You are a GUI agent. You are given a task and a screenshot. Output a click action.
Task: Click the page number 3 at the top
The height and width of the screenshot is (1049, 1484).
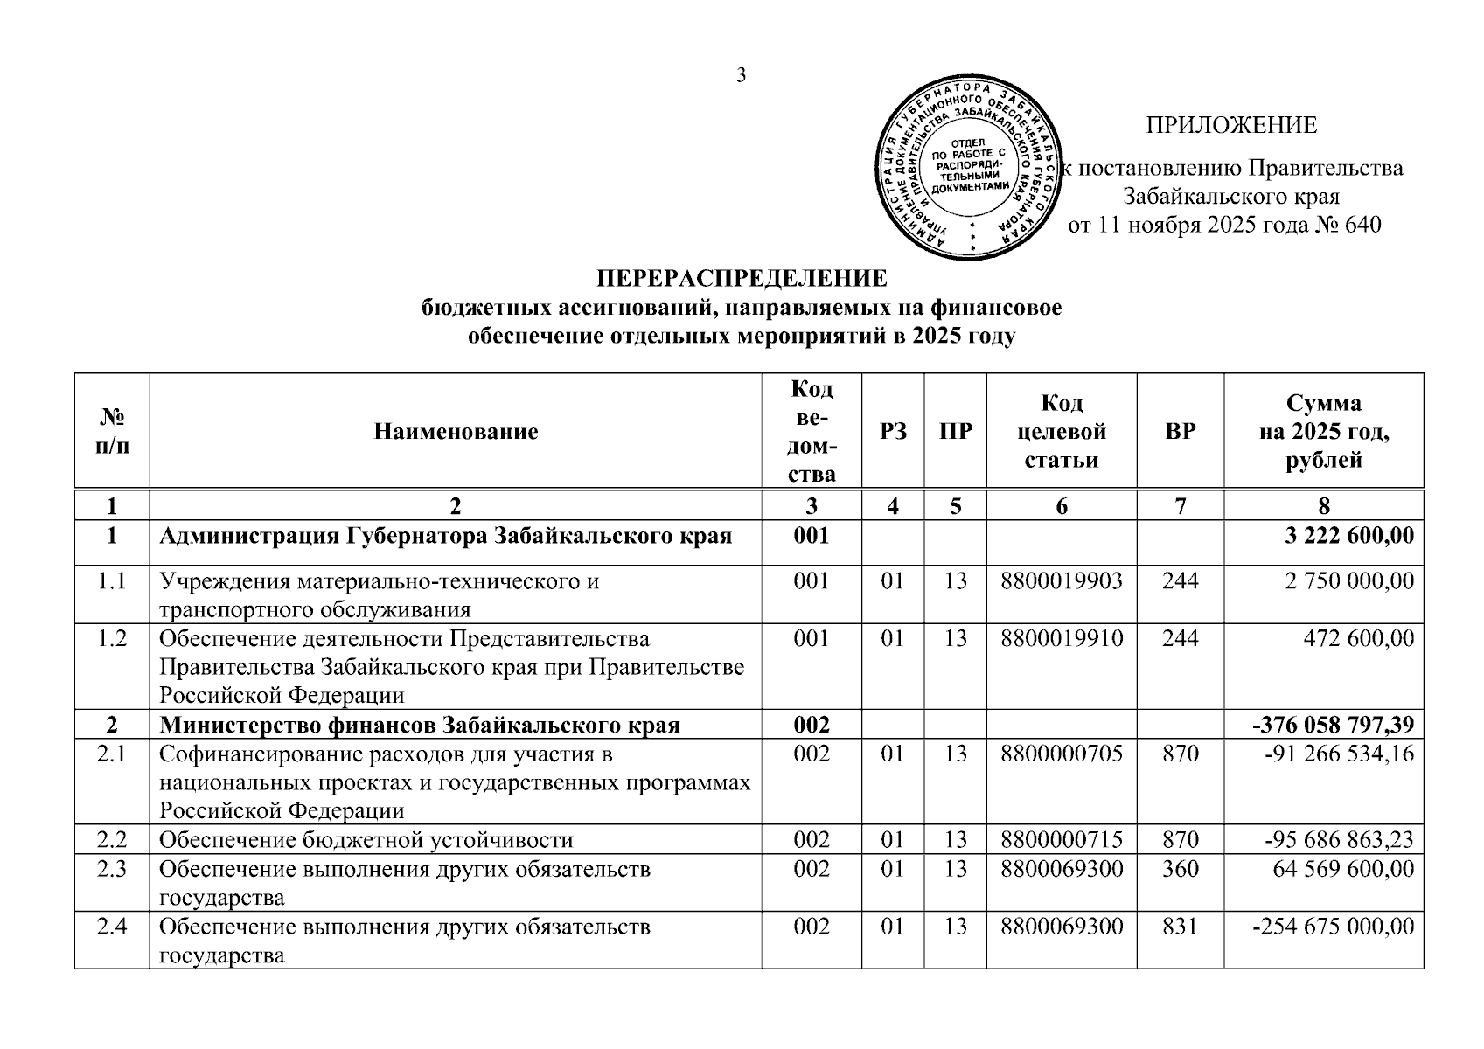tap(741, 76)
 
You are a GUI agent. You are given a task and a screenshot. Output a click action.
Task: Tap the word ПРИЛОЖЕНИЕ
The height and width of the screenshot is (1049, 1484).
tap(1231, 126)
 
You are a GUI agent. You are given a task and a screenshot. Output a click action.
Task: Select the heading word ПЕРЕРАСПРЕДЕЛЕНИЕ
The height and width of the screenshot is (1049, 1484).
tap(742, 279)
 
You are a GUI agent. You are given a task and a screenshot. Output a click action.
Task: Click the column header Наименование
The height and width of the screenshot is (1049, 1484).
tap(456, 431)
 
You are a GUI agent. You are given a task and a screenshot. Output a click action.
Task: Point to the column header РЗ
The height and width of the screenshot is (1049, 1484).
tap(893, 431)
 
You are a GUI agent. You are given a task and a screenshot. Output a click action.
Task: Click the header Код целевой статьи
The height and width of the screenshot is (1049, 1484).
tap(1062, 431)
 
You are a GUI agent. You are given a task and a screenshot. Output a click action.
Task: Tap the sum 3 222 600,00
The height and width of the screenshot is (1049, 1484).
tap(1349, 536)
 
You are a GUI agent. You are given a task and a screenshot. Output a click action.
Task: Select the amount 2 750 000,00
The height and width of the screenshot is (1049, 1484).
tap(1349, 580)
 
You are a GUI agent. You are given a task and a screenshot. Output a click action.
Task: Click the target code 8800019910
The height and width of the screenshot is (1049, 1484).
tap(1062, 638)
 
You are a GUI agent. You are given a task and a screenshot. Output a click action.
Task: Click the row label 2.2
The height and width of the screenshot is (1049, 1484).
tap(112, 840)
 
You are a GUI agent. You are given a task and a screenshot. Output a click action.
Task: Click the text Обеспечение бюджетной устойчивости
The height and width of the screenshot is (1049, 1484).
tap(366, 840)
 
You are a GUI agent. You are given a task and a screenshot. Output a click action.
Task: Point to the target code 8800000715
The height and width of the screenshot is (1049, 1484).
tap(1062, 840)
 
